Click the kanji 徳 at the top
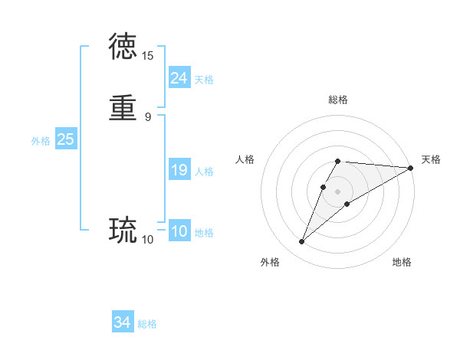point(123,46)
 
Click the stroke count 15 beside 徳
point(148,56)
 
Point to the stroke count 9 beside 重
point(148,117)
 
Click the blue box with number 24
point(179,78)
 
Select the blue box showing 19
point(179,171)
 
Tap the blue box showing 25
point(65,139)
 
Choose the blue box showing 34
point(123,323)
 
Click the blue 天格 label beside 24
point(204,80)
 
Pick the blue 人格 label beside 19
point(204,172)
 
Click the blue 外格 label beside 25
point(41,141)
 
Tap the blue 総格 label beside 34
point(147,324)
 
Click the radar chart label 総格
point(338,100)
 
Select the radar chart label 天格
point(431,159)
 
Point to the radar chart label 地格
point(402,262)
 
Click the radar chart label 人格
point(245,159)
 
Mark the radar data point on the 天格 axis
point(411,168)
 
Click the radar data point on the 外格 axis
point(302,242)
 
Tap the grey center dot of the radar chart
point(338,191)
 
